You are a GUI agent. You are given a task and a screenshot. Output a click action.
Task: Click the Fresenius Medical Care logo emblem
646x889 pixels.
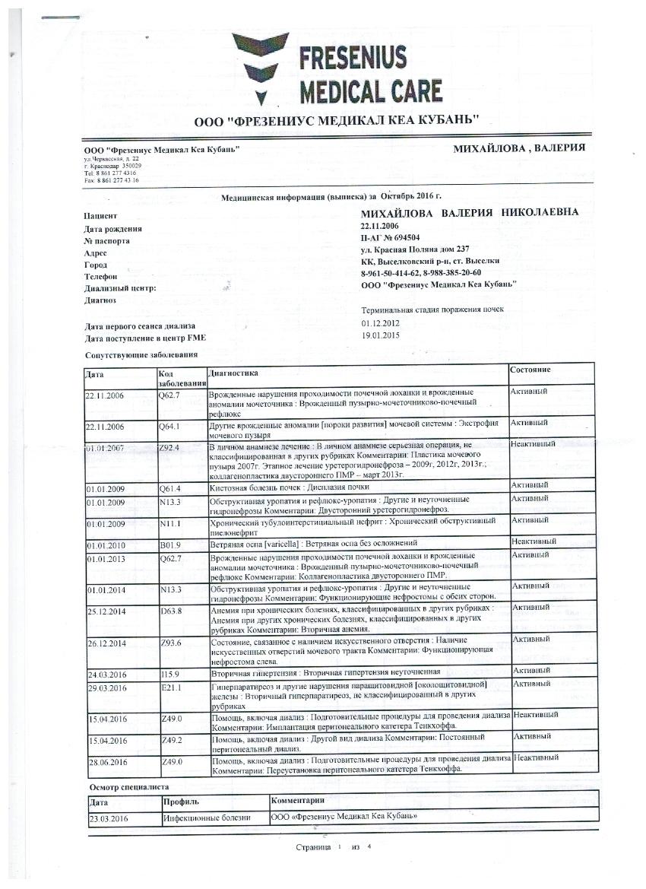[261, 69]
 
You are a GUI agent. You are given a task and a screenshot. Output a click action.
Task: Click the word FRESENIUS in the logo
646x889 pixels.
[353, 58]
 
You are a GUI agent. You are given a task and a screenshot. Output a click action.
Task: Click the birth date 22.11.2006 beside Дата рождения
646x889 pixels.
[380, 226]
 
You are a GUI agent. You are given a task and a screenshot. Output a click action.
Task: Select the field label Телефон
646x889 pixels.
[101, 278]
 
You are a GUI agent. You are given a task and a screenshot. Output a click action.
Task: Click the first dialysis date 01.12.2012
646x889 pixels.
[381, 323]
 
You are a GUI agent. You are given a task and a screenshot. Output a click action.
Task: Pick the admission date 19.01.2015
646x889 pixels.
[381, 335]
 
